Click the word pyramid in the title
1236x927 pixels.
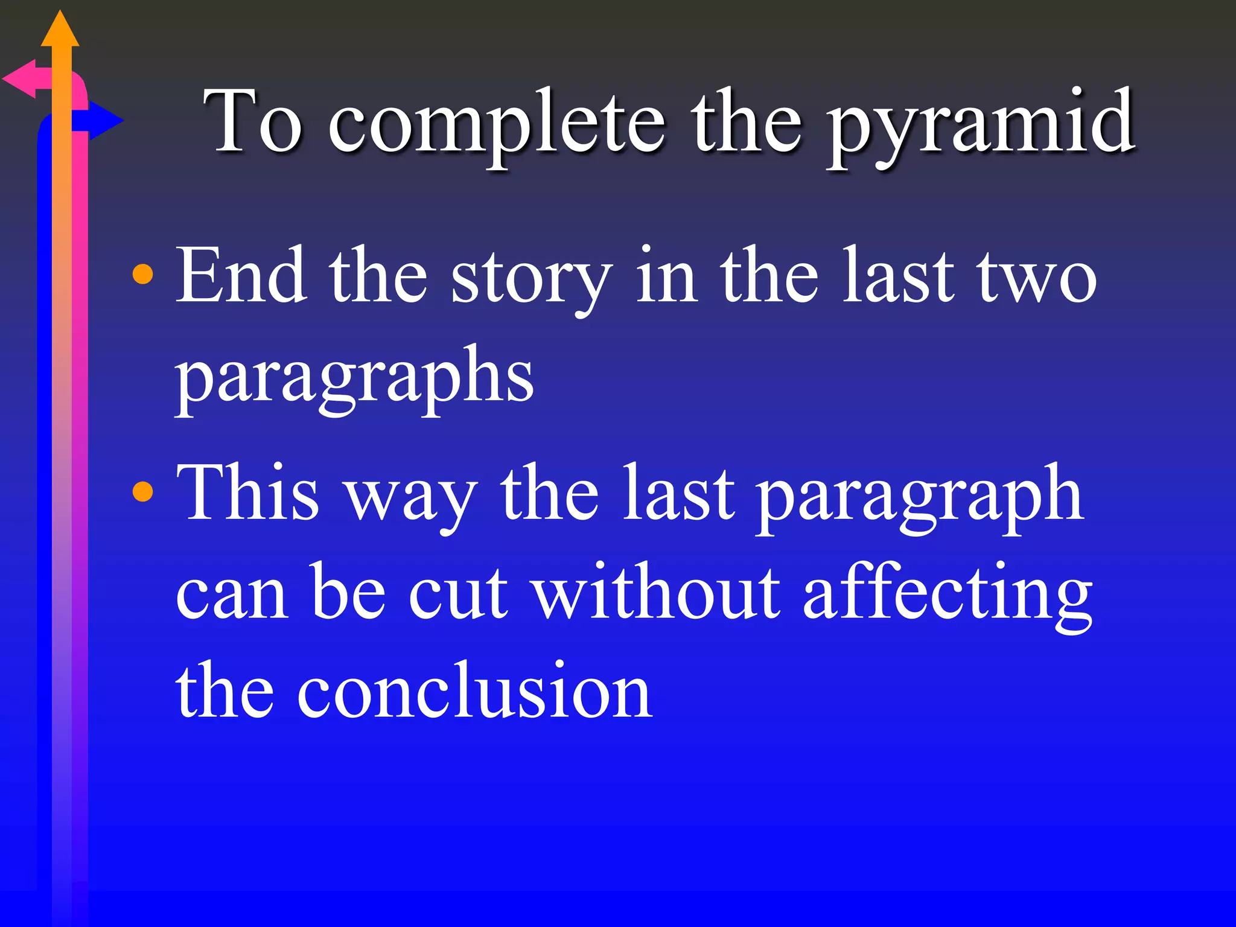point(981,124)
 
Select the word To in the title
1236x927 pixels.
point(253,121)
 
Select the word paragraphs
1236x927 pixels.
point(354,377)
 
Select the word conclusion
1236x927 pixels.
point(474,690)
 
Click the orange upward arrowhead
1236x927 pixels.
point(60,30)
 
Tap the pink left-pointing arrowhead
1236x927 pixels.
point(21,79)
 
